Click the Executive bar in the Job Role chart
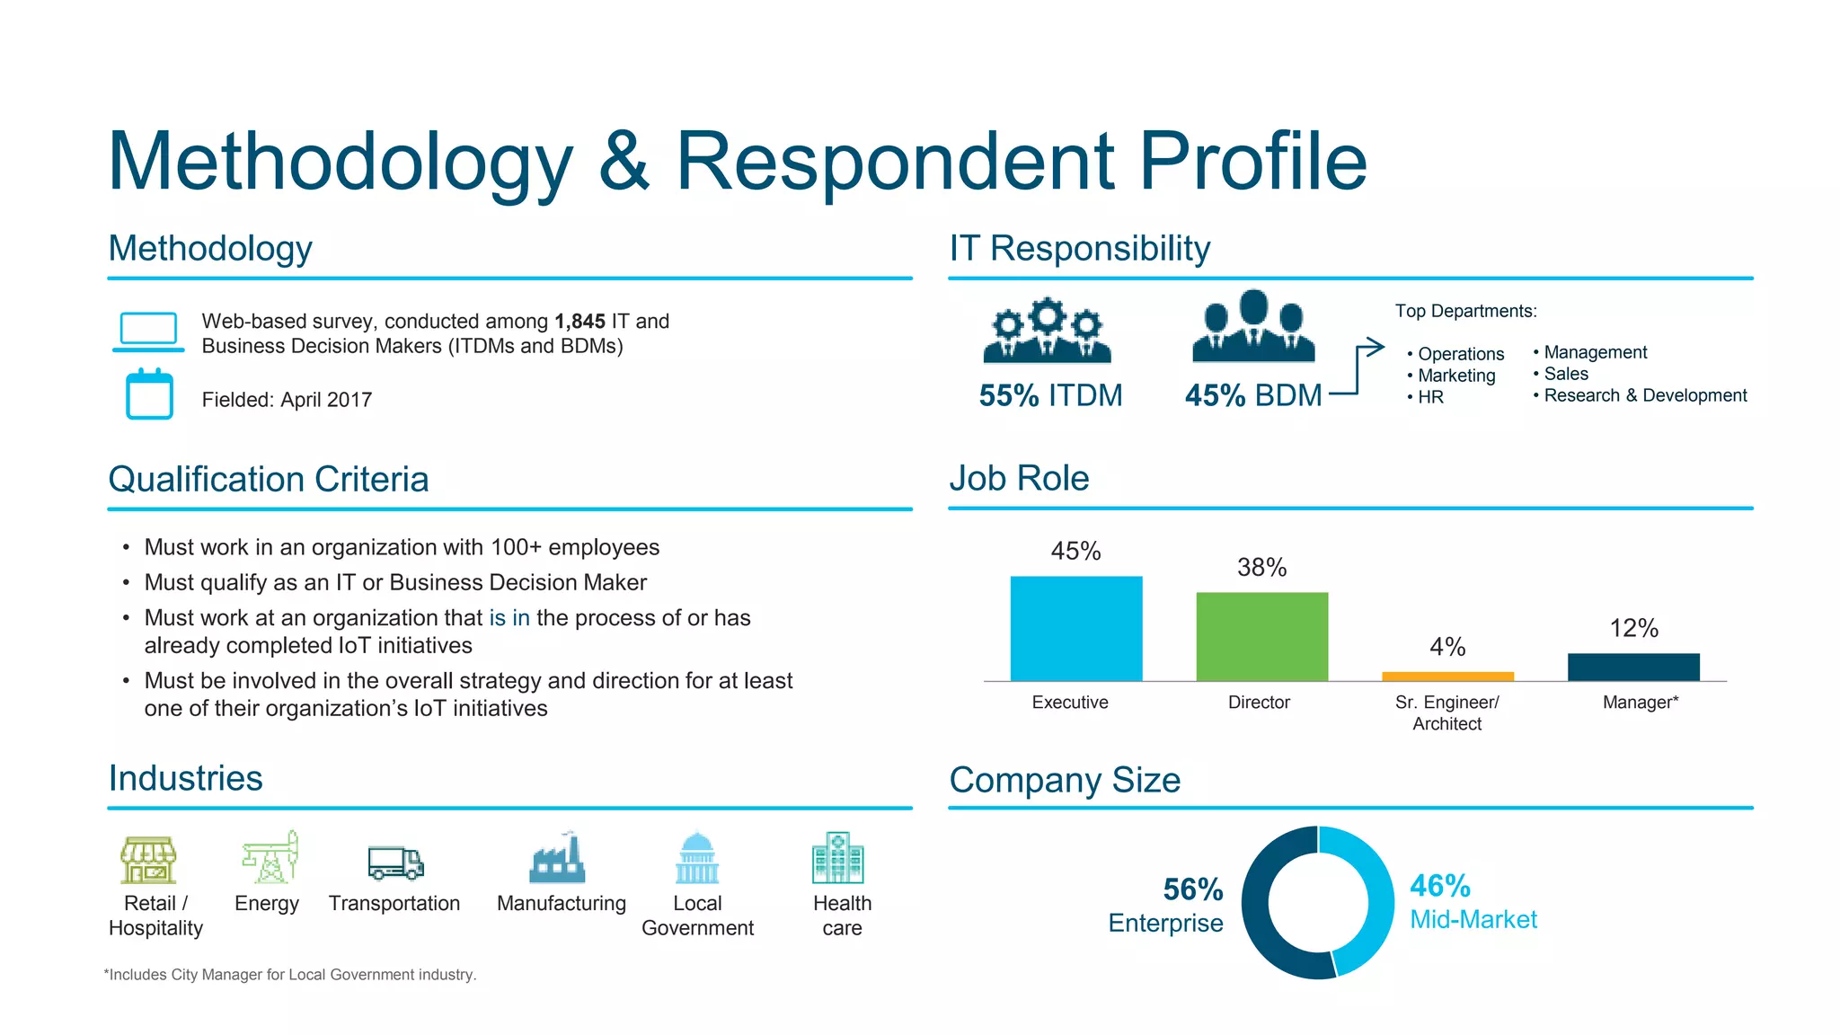(x=1075, y=628)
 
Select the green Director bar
(x=1261, y=636)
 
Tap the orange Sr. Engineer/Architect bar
(x=1447, y=676)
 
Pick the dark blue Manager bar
(x=1633, y=667)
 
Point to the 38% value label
(x=1261, y=567)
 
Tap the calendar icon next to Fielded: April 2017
(x=149, y=394)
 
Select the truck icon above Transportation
(x=395, y=862)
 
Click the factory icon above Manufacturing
(x=557, y=858)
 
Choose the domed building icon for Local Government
(x=697, y=858)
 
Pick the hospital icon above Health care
(x=837, y=858)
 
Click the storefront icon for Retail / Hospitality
(x=148, y=860)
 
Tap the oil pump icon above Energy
(x=270, y=857)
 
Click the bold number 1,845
(x=579, y=322)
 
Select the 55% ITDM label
(x=1050, y=395)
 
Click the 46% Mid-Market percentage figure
(x=1439, y=886)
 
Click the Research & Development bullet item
(x=1644, y=395)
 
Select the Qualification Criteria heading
(x=268, y=479)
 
